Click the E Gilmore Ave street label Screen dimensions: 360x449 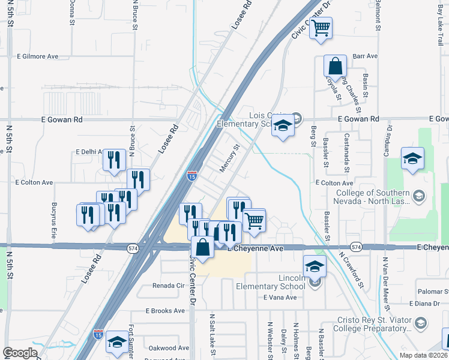pos(37,56)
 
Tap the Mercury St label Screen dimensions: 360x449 pos(229,158)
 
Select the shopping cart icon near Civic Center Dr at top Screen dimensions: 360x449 pos(321,27)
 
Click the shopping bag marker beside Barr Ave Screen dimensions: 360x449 pos(335,67)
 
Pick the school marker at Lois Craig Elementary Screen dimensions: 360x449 pos(282,126)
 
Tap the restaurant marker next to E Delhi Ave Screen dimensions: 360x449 pos(113,160)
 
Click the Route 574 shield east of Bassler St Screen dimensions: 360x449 pos(356,247)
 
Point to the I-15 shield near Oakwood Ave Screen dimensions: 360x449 pos(98,334)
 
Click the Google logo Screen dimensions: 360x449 pos(20,353)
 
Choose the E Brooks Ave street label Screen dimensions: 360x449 pos(166,311)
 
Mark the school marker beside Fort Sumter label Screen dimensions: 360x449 pos(116,343)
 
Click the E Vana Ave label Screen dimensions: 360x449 pos(280,297)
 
